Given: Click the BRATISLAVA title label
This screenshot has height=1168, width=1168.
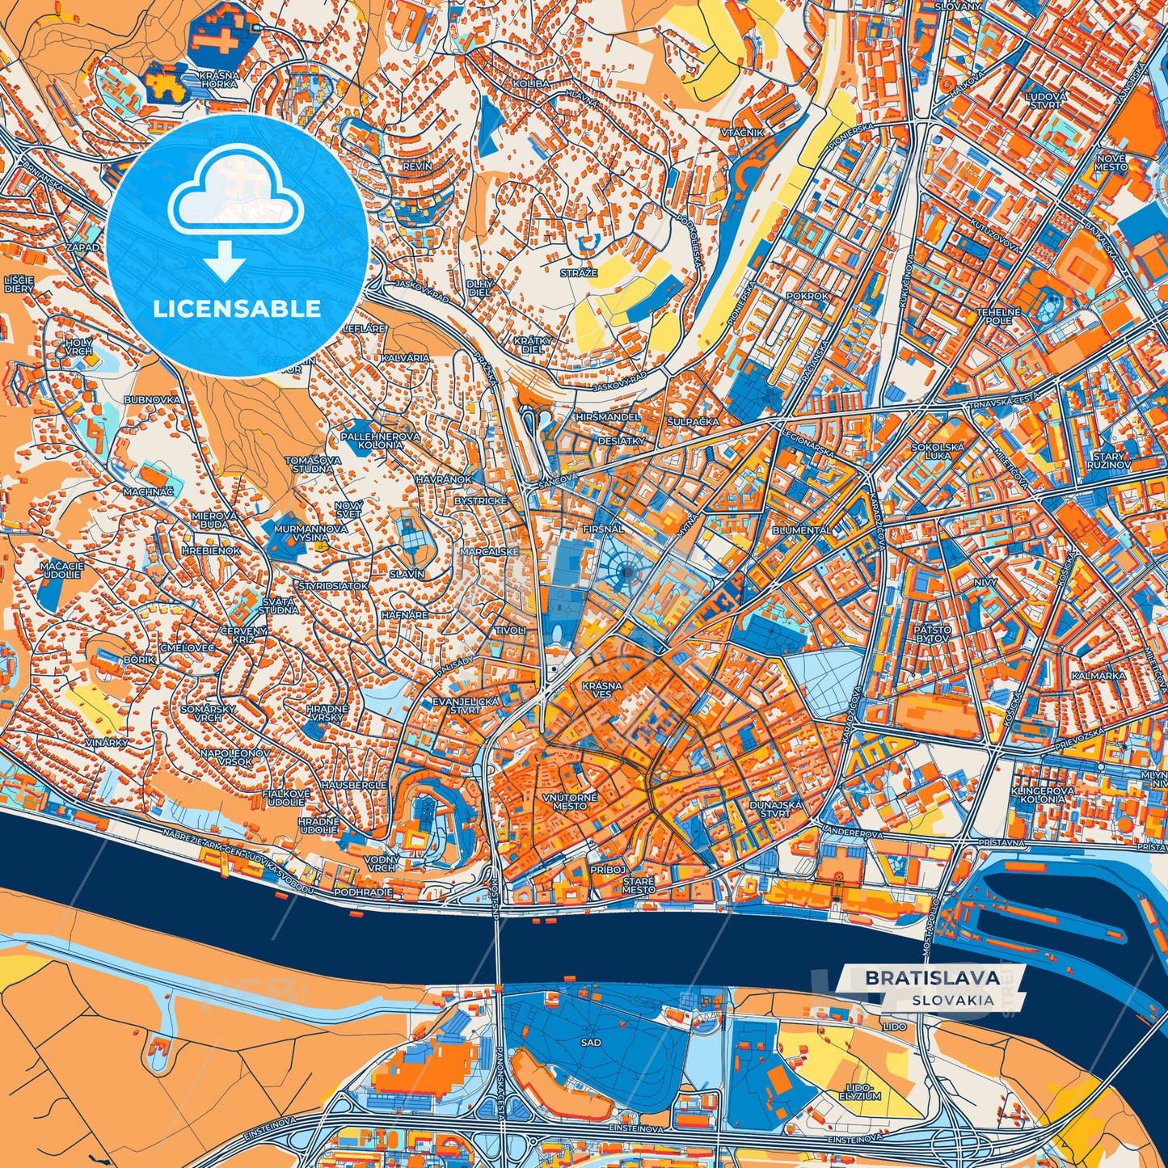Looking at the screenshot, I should pyautogui.click(x=931, y=977).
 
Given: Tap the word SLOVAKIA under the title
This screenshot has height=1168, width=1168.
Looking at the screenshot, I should pyautogui.click(x=953, y=1000).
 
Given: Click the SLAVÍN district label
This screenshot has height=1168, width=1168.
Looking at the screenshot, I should pyautogui.click(x=407, y=574).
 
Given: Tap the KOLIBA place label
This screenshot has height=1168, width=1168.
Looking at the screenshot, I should pyautogui.click(x=530, y=83).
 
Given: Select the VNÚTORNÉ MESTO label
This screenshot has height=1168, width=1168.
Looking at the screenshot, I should pyautogui.click(x=571, y=801).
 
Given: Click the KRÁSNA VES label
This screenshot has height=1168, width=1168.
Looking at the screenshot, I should pyautogui.click(x=602, y=689).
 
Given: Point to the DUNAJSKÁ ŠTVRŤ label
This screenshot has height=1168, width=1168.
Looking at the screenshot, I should pyautogui.click(x=775, y=809).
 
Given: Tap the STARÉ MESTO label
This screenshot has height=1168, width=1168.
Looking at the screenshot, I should pyautogui.click(x=639, y=885).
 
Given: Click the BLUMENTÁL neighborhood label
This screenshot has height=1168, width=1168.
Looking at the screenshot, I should pyautogui.click(x=802, y=530).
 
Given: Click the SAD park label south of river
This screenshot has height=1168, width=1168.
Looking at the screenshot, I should pyautogui.click(x=591, y=1042).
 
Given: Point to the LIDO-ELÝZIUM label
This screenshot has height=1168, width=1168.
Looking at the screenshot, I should pyautogui.click(x=859, y=1092).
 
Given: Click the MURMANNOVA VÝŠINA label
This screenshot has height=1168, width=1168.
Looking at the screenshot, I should pyautogui.click(x=311, y=533).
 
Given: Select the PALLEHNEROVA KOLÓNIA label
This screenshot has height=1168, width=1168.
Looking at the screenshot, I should pyautogui.click(x=380, y=440).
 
